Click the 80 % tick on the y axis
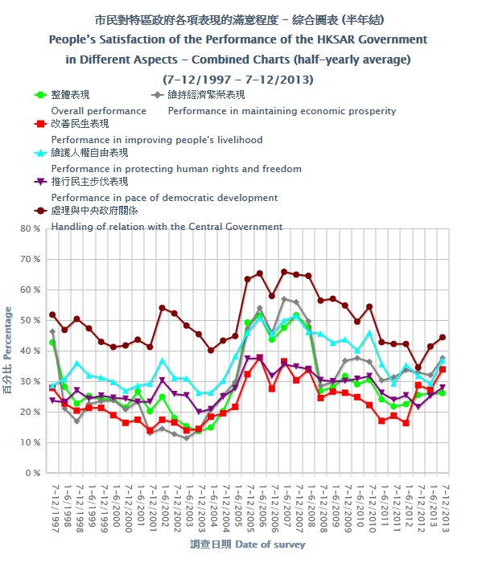click(31, 228)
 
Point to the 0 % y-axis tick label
click(32, 473)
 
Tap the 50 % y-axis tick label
click(31, 320)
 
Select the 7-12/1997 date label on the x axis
click(56, 509)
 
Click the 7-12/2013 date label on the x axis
click(446, 509)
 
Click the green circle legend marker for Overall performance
click(40, 95)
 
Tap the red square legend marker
click(40, 124)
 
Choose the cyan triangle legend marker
click(40, 153)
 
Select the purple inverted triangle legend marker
click(40, 182)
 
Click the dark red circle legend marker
click(40, 211)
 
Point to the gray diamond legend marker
click(157, 95)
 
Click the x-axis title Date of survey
click(270, 544)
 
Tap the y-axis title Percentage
click(7, 333)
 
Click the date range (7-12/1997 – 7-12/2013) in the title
click(237, 80)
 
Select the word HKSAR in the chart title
click(336, 39)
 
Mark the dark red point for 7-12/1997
click(52, 314)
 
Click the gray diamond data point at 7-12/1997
click(52, 331)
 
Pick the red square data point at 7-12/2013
click(443, 370)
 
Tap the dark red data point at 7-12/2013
click(443, 337)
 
